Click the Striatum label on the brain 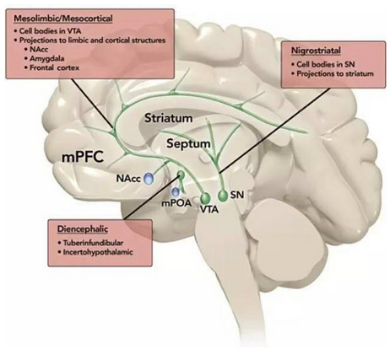click(169, 118)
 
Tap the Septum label click(188, 143)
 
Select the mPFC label click(83, 157)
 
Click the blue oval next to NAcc click(149, 178)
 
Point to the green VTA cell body click(205, 198)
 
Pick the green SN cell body click(224, 196)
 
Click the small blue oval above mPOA click(176, 192)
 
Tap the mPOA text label click(176, 203)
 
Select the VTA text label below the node click(209, 209)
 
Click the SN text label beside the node click(237, 195)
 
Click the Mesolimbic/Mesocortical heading click(63, 19)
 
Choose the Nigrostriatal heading click(316, 51)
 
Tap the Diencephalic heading click(83, 229)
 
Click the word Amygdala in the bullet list click(47, 58)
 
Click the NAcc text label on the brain click(128, 179)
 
